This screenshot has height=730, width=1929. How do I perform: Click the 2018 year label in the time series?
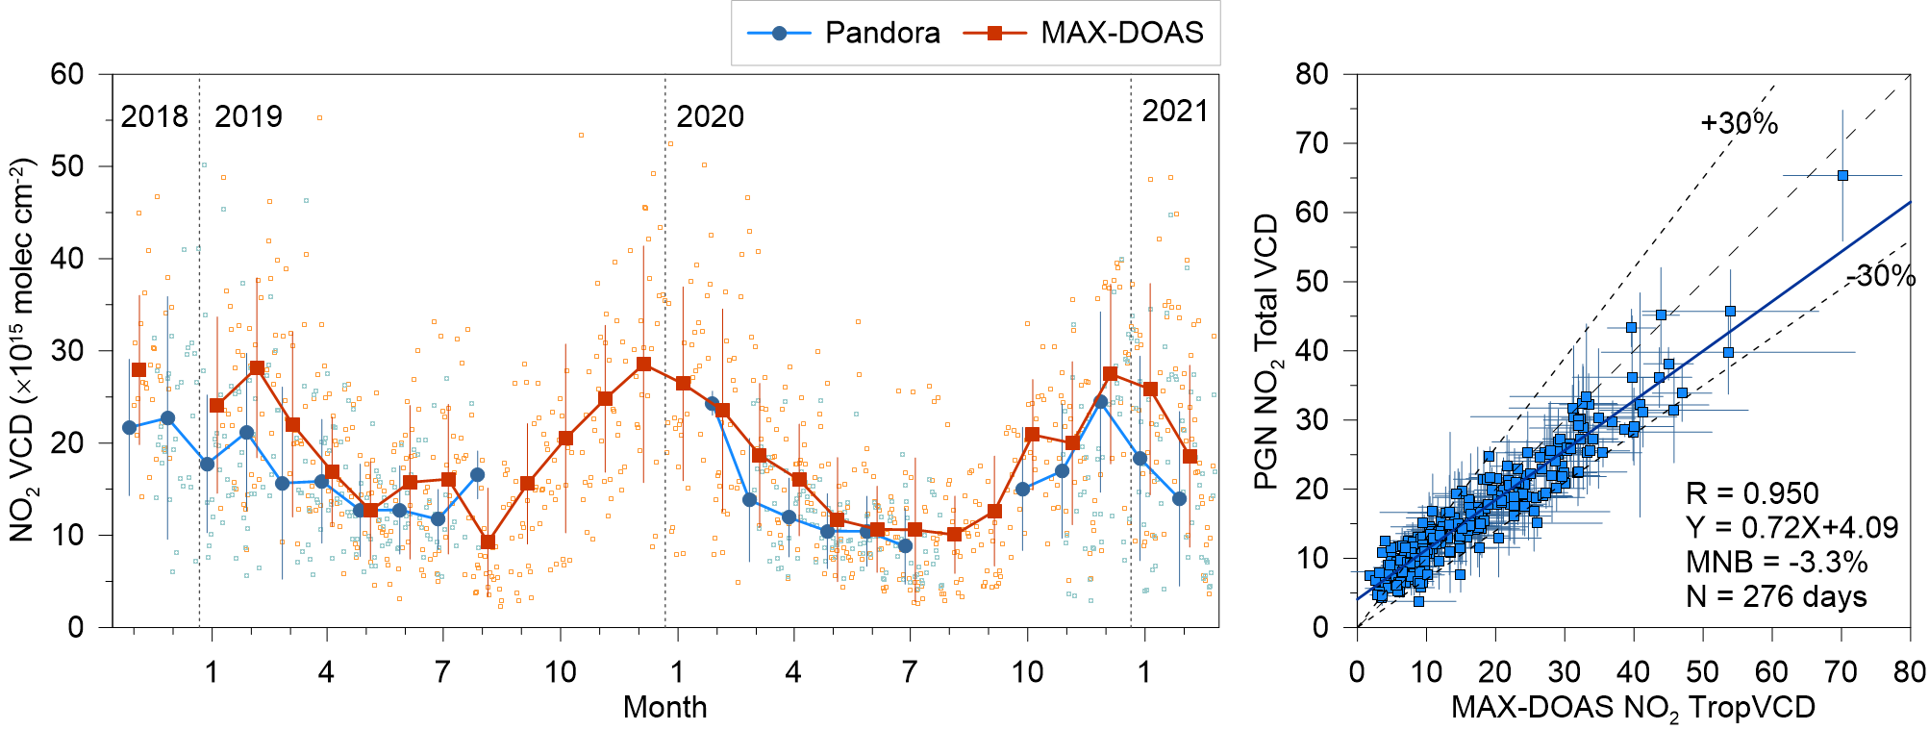[154, 116]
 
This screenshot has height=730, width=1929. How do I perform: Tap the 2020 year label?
[710, 116]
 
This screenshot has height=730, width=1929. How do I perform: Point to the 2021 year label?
[1174, 112]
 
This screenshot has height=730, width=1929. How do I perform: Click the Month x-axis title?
[664, 707]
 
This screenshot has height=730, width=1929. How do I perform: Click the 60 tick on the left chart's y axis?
[67, 74]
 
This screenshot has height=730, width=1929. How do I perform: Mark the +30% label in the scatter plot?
[1739, 124]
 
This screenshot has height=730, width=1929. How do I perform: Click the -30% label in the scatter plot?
[1880, 276]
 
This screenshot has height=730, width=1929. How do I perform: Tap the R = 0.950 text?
[1752, 493]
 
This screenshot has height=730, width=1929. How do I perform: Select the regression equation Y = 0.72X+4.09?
[1791, 527]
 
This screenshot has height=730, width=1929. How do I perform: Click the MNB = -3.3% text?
[1776, 562]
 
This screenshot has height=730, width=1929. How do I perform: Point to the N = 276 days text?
[1776, 596]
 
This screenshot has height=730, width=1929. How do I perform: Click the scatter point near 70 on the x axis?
[1842, 175]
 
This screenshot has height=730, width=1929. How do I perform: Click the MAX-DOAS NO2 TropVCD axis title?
[1633, 708]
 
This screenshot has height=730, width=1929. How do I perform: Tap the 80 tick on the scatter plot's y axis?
[1313, 74]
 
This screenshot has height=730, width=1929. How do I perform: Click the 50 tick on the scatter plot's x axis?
[1703, 671]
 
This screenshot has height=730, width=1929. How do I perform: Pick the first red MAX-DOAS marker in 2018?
[138, 369]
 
